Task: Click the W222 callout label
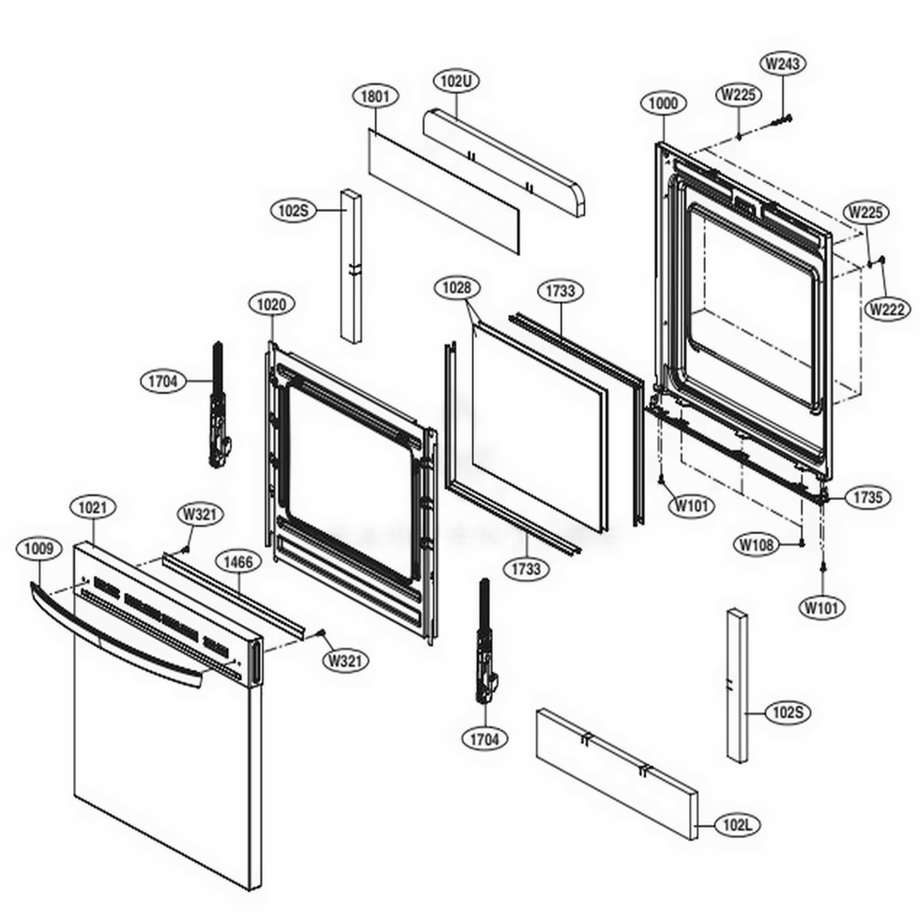pos(886,310)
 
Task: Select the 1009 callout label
pos(38,548)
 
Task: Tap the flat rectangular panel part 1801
pos(444,190)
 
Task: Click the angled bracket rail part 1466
pos(236,596)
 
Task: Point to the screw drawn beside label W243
pos(784,117)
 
